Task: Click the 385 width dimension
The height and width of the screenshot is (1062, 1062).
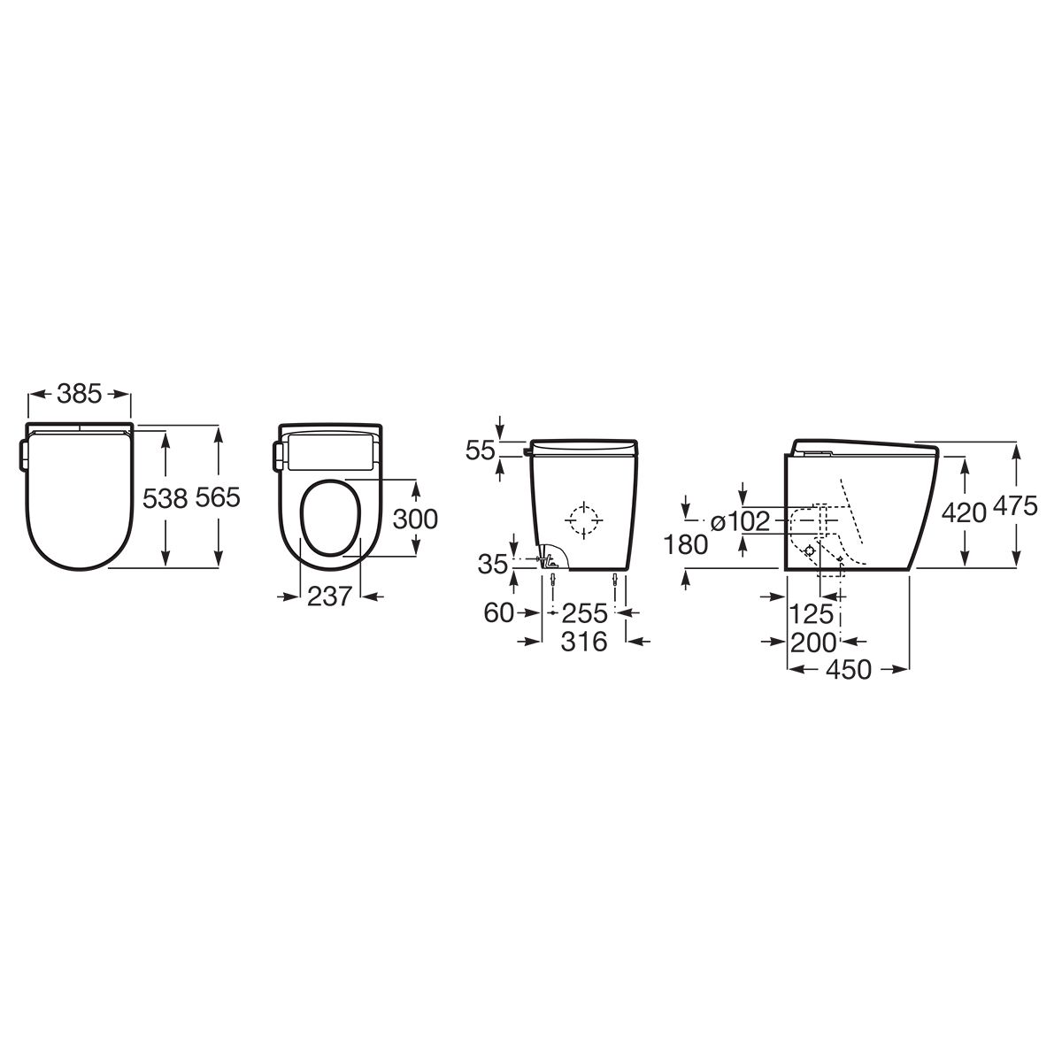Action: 80,394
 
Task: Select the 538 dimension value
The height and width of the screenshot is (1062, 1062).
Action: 165,499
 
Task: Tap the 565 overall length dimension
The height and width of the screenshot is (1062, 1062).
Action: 219,499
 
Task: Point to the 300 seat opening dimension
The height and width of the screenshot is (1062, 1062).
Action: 415,519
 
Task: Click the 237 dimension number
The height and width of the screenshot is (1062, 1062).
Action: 329,596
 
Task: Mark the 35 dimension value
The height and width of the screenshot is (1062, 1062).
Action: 493,565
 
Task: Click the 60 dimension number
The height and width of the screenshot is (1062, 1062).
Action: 499,612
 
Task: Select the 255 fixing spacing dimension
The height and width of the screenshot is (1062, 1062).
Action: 584,612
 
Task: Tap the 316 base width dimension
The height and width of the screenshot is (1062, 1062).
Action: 584,642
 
